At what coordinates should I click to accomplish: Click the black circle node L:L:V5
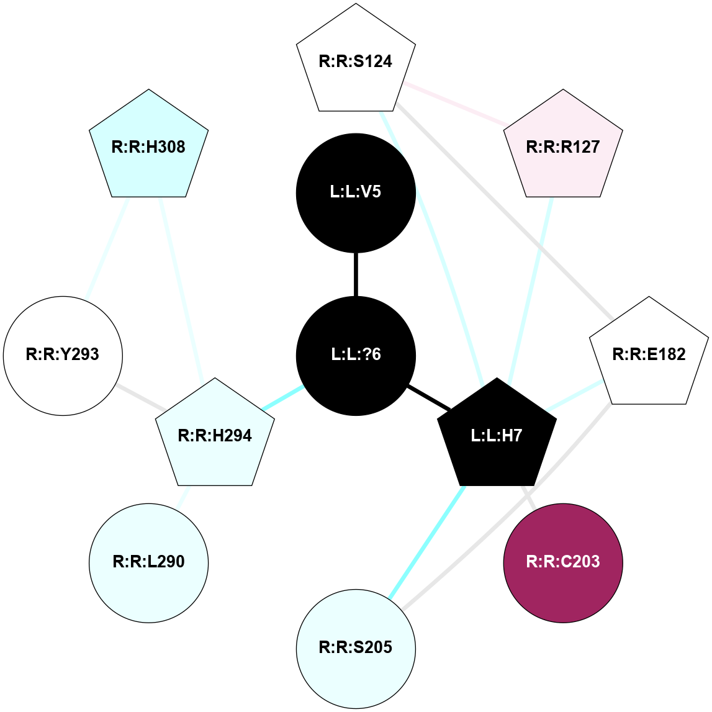[x=356, y=192]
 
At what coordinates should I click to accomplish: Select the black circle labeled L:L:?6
[x=356, y=355]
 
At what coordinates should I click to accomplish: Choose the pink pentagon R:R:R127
[x=563, y=147]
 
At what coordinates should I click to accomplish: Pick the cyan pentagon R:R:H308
[x=149, y=147]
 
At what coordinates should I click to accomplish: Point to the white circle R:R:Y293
[x=63, y=355]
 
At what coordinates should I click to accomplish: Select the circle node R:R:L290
[x=149, y=562]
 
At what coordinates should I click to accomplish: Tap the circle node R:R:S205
[x=356, y=647]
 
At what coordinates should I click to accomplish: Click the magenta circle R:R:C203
[x=563, y=562]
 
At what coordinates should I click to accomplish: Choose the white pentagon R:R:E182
[x=649, y=355]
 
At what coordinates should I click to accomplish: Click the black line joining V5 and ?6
[x=356, y=274]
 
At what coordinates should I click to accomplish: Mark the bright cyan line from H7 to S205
[x=427, y=542]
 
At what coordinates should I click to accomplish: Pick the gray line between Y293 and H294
[x=140, y=397]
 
